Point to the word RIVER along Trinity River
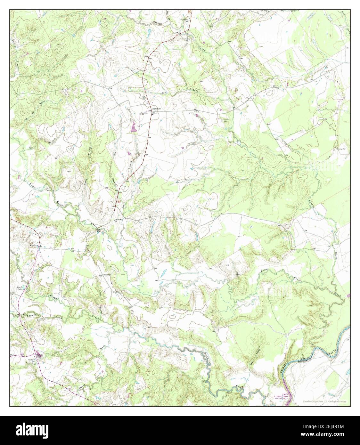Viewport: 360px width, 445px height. (x=333, y=353)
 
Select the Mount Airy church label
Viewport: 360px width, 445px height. (x=119, y=220)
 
